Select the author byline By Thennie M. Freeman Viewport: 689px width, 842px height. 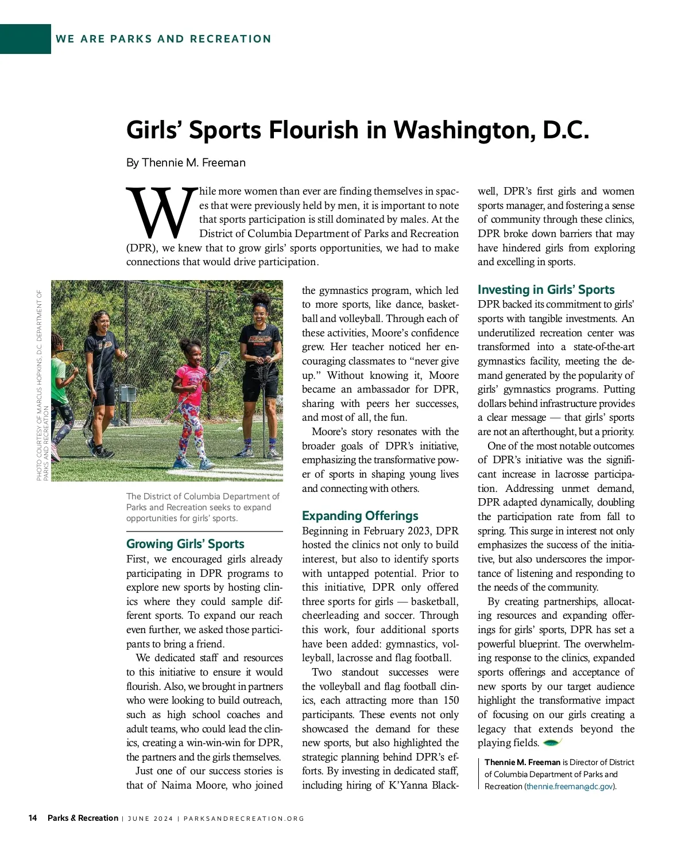185,162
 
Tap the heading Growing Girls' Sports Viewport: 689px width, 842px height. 185,544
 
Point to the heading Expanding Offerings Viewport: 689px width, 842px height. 360,515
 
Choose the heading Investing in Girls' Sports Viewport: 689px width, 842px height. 545,289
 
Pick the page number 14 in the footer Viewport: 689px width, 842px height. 33,818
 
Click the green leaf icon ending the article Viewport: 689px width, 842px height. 552,743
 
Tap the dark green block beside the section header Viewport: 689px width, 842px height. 25,39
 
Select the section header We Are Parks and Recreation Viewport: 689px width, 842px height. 163,39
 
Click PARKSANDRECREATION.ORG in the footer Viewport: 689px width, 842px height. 244,818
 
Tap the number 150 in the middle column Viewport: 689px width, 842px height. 451,700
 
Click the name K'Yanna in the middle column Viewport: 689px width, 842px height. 409,785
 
